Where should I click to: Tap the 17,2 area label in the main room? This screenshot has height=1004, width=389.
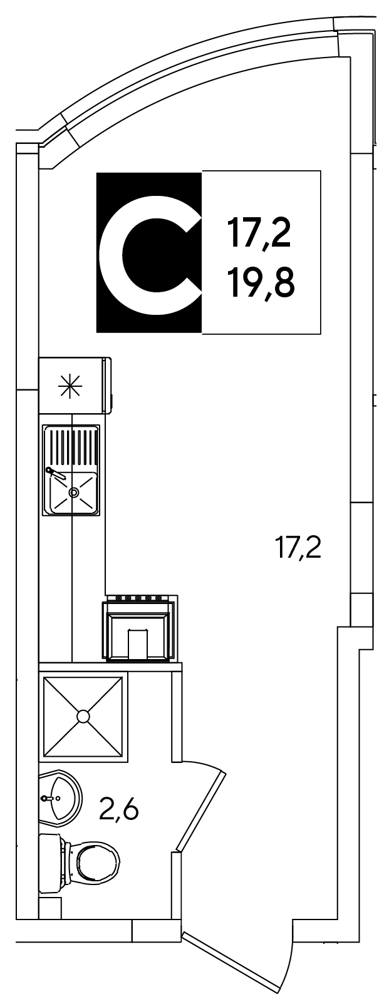coord(298,548)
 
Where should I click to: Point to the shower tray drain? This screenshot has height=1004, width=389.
coord(83,716)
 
